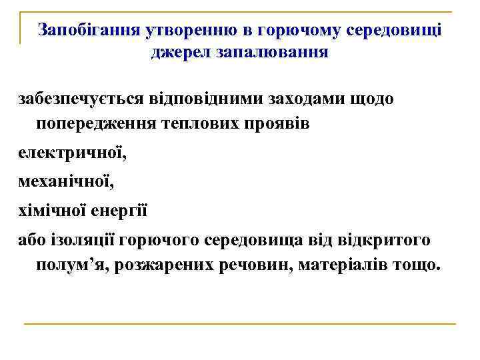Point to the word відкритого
(x=384, y=239)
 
